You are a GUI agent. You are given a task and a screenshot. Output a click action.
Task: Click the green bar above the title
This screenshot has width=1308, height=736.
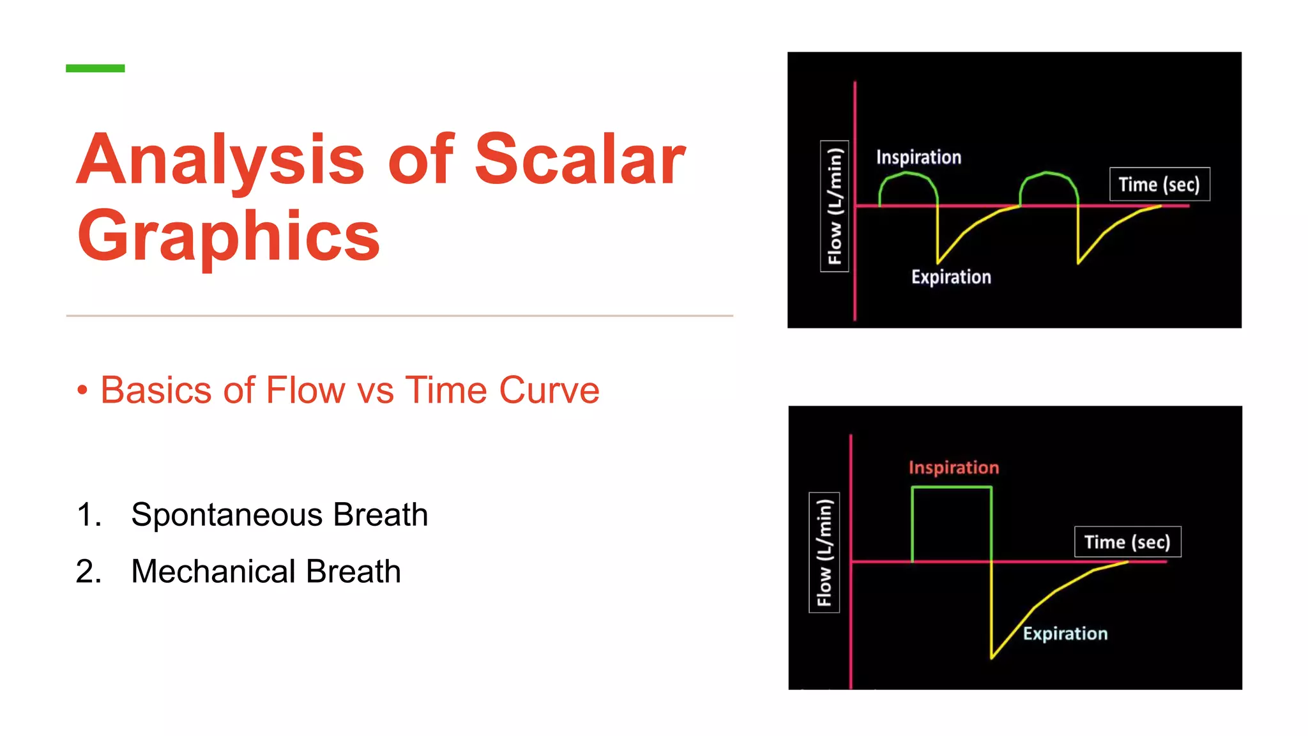(x=95, y=68)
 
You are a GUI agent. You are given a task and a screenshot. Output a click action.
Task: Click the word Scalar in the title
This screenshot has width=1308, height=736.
(x=580, y=159)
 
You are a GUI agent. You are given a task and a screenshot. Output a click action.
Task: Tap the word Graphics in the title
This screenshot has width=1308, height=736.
(x=229, y=236)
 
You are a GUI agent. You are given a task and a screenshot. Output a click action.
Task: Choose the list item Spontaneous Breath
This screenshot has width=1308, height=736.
(x=279, y=514)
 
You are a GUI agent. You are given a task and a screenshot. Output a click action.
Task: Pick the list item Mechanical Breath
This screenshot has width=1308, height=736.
(x=266, y=571)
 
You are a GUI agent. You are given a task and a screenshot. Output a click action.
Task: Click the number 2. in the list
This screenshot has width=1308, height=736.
(x=89, y=571)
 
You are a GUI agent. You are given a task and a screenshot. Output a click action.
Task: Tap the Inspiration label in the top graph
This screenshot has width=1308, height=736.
(x=918, y=157)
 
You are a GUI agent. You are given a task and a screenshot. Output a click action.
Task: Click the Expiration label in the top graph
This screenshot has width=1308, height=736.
(x=951, y=277)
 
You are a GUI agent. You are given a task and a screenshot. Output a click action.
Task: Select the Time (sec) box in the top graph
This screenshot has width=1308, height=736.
(x=1159, y=185)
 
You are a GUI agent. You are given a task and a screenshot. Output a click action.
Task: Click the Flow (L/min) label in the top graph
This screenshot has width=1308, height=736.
(x=835, y=206)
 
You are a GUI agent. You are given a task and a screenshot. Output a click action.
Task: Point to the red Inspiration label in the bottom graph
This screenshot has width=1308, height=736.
(x=954, y=468)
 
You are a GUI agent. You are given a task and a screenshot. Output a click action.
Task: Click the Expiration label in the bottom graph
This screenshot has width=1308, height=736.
(x=1065, y=634)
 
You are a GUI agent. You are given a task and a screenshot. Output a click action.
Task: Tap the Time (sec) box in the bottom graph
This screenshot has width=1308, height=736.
(x=1127, y=542)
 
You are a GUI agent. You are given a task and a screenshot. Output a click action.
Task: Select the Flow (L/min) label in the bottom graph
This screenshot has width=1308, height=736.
(x=825, y=553)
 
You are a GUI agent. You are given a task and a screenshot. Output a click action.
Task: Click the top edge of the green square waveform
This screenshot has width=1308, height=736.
(x=952, y=487)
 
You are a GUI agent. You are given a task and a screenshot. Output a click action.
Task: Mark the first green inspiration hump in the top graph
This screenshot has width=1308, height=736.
(x=908, y=174)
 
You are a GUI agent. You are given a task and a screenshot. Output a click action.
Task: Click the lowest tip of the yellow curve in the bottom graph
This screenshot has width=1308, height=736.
(x=992, y=657)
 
